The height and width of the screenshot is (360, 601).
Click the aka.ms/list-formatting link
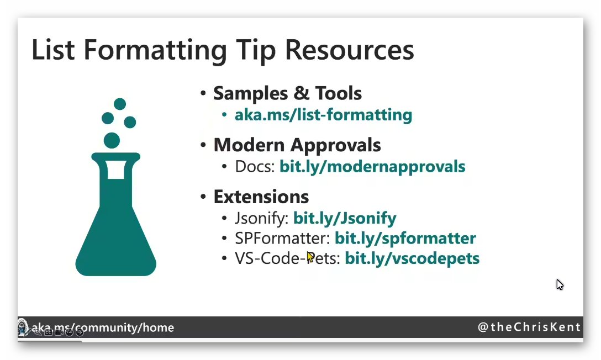coord(323,115)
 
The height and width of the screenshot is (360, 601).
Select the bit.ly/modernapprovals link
coord(372,167)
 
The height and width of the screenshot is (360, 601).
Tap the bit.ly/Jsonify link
coord(345,218)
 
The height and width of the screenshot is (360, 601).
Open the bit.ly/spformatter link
coord(405,238)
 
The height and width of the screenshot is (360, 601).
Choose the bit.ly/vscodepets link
coord(412,258)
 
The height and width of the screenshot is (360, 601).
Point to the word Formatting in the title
coord(155,51)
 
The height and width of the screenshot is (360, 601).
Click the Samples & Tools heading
coord(287,93)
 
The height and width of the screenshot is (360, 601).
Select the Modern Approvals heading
coord(297,145)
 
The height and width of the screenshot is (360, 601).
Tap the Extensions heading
coord(261,197)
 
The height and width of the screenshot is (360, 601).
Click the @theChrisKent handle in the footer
coord(529,327)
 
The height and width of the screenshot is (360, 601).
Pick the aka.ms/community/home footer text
coord(103,328)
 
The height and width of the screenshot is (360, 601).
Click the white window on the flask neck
coord(116,170)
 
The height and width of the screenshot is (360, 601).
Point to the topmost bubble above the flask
coord(120,104)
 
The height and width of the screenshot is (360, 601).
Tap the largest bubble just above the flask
coord(112,140)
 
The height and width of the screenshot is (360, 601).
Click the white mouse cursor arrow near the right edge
coord(560,284)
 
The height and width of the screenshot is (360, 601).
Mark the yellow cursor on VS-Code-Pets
coord(310,257)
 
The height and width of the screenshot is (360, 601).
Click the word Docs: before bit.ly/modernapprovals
coord(255,167)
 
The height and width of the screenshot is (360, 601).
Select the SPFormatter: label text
coord(282,238)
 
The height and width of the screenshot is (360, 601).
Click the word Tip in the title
coord(256,51)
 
